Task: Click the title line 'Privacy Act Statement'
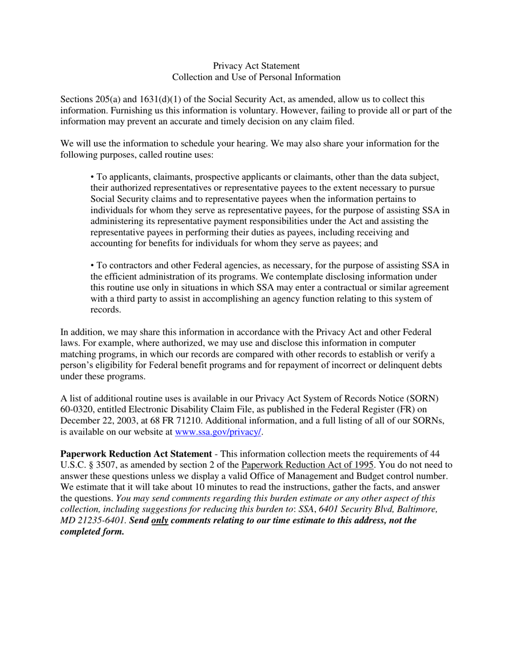click(256, 66)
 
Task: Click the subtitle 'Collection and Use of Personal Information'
click(256, 77)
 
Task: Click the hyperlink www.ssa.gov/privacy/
click(218, 432)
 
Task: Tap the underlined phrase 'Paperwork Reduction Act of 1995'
click(307, 464)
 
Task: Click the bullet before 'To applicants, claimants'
click(92, 177)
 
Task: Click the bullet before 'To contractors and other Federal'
click(92, 265)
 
